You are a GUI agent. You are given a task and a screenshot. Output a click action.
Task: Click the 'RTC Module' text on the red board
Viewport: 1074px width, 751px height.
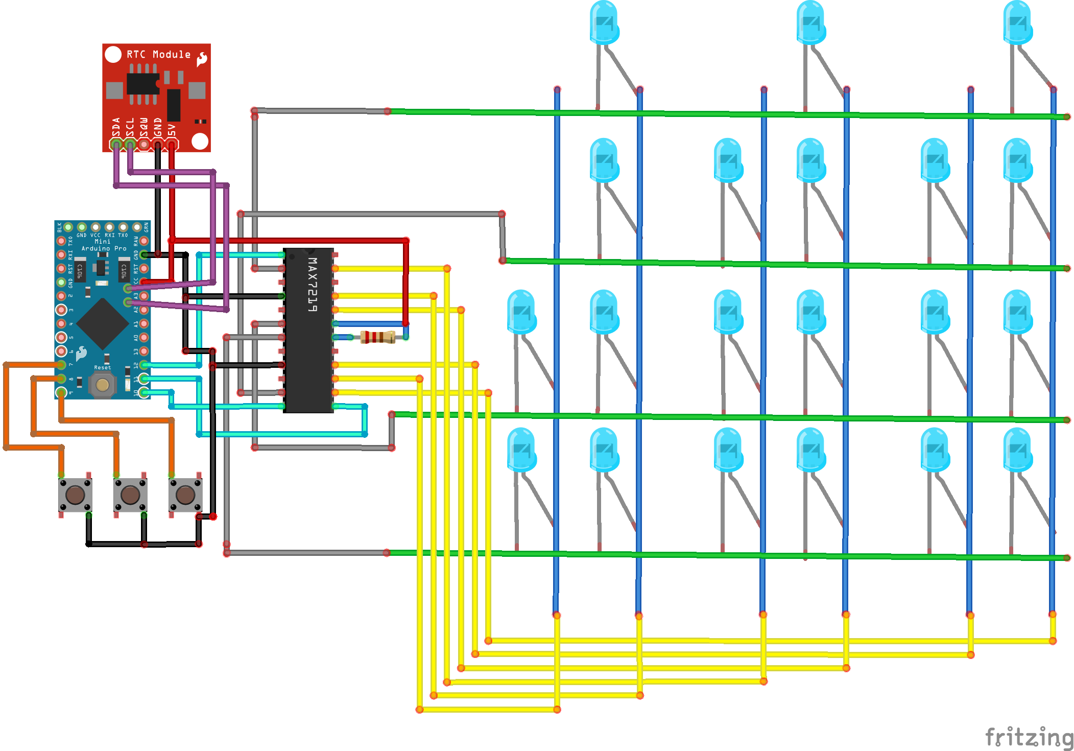(158, 55)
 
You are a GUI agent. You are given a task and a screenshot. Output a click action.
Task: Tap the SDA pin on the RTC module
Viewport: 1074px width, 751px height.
(116, 145)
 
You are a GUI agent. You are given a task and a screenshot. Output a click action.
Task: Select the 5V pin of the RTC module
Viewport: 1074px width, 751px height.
(172, 145)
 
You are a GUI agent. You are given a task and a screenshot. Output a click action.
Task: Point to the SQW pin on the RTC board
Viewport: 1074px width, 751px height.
(144, 145)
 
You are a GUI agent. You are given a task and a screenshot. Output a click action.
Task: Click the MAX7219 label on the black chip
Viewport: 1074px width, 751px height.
(312, 285)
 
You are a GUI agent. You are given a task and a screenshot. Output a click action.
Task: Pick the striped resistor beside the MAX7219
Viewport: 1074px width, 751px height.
(377, 337)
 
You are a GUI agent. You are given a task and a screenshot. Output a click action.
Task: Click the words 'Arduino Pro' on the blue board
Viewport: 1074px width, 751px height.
(104, 249)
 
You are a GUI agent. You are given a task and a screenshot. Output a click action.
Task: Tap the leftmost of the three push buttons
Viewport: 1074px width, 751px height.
(75, 495)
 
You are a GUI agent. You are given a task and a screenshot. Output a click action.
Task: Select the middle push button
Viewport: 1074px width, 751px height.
(130, 495)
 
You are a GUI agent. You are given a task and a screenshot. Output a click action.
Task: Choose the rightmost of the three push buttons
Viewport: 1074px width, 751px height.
(185, 495)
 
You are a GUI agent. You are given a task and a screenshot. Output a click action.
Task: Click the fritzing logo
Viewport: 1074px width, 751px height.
(1029, 737)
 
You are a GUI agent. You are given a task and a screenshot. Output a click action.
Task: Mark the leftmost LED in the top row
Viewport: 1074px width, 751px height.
(604, 23)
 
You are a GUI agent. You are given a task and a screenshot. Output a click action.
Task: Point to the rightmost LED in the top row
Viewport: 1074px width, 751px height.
(1017, 23)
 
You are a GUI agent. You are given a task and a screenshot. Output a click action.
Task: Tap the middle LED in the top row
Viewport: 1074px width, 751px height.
(811, 23)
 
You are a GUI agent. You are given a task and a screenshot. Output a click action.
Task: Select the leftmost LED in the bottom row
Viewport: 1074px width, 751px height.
(521, 450)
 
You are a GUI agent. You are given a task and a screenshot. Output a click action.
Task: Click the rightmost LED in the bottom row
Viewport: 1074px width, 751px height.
(1017, 450)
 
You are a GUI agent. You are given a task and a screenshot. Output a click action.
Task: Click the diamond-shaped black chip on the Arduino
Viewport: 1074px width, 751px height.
(103, 323)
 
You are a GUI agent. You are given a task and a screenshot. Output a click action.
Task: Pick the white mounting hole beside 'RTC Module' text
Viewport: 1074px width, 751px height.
(113, 54)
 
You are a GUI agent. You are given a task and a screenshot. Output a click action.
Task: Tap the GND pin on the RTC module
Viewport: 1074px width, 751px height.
(158, 145)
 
